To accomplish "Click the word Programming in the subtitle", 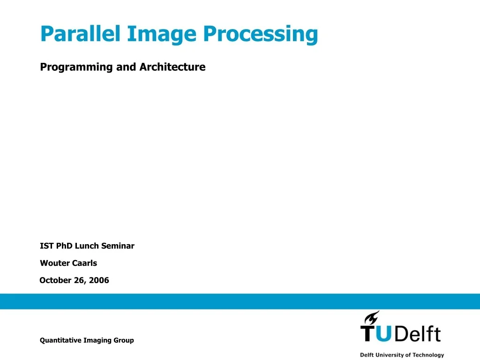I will (77, 67).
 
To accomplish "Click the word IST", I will (47, 246).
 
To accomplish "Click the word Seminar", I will (118, 246).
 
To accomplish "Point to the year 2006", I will (100, 280).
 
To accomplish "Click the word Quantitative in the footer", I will (60, 340).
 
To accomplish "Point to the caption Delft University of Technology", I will (402, 355).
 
